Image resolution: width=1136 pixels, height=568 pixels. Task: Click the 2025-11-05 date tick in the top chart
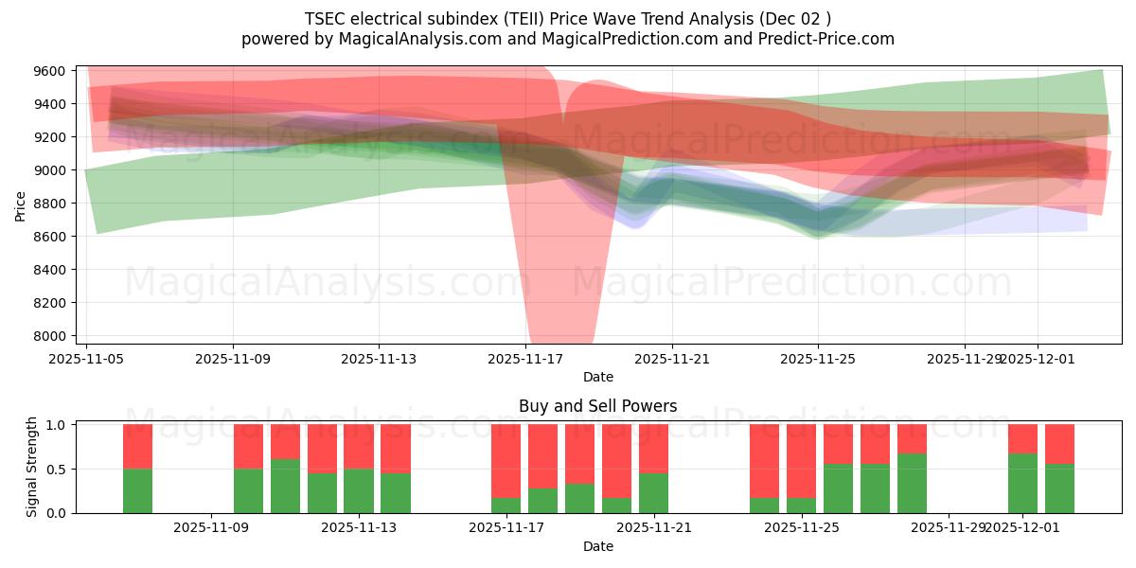coord(87,359)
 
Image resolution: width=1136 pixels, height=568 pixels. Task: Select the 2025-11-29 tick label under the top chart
coord(965,359)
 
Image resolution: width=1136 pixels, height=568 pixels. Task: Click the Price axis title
coord(21,205)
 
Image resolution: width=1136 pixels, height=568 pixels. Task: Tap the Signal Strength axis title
coord(32,467)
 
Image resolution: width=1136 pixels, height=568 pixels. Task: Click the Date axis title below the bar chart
coord(597,546)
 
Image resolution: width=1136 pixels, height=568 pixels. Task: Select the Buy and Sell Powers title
coord(597,406)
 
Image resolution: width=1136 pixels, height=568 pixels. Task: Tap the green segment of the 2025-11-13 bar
coord(359,490)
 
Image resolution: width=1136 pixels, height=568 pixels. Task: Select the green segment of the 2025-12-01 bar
coord(1022,483)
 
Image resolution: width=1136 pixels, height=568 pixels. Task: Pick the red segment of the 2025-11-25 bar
coord(801,460)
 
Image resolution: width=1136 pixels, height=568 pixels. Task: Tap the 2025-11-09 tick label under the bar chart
coord(212,528)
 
